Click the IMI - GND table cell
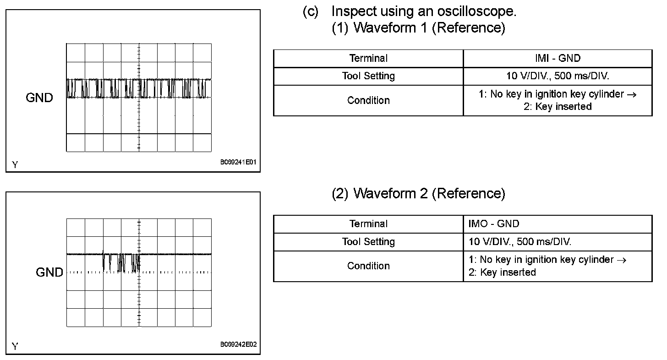(x=557, y=58)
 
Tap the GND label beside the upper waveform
(x=39, y=98)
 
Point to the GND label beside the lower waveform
(x=49, y=273)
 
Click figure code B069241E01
(x=238, y=162)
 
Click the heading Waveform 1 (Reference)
(x=418, y=28)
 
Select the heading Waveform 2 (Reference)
(x=418, y=193)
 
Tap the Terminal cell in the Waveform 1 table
(x=368, y=58)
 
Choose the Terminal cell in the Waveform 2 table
(x=368, y=224)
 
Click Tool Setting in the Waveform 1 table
(x=368, y=76)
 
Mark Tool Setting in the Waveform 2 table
(x=368, y=242)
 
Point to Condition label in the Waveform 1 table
(x=368, y=100)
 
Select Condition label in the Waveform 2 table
(x=368, y=266)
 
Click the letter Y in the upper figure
(x=15, y=164)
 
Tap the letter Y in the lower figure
(x=15, y=347)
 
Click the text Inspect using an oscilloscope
(x=424, y=11)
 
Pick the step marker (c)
(x=310, y=11)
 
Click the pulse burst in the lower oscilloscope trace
(x=121, y=262)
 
